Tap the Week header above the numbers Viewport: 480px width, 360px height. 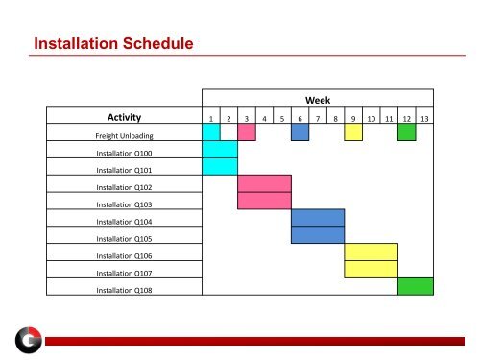pos(318,99)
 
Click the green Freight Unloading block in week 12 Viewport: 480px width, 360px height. pos(406,132)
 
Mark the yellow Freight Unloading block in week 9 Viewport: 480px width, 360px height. pos(353,132)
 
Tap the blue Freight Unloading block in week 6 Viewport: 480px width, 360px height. pos(300,132)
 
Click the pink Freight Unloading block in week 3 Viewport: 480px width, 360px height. pos(247,132)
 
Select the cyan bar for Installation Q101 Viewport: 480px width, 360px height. pos(220,166)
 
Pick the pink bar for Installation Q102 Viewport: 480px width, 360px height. pos(264,183)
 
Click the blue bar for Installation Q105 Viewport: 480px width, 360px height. pos(318,234)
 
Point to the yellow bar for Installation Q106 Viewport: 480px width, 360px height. pos(371,252)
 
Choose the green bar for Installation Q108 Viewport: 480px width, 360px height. pos(415,285)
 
